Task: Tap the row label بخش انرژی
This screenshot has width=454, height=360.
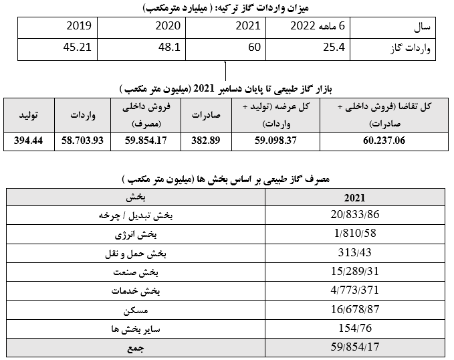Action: pos(154,236)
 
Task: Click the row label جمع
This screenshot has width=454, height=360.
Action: pos(155,348)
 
